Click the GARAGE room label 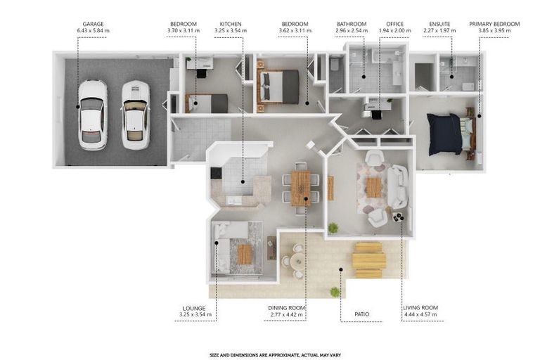93,24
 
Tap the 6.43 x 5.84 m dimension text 93,31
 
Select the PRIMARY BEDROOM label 494,24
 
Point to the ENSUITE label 439,24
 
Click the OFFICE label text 394,24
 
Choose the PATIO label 361,314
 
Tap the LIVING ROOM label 420,308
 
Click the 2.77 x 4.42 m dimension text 287,314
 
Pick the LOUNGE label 194,309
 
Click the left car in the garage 92,115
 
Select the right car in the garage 135,115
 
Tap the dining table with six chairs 301,188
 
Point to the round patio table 297,262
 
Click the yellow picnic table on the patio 368,260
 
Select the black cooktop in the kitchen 217,173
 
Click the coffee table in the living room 374,188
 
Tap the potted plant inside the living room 333,228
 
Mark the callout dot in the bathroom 364,77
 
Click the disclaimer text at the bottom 275,355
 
